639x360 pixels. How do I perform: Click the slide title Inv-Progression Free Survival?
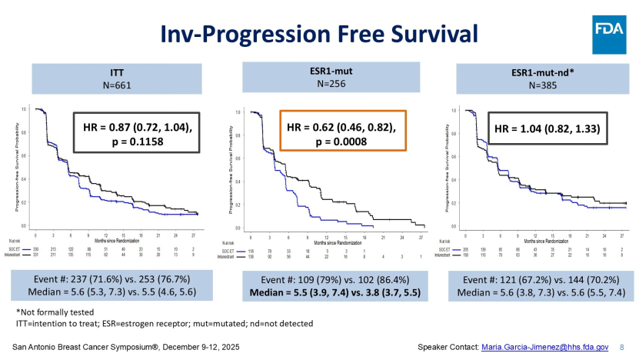pyautogui.click(x=318, y=32)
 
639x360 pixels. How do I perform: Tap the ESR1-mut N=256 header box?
pyautogui.click(x=320, y=78)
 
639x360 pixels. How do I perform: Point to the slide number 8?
pyautogui.click(x=621, y=348)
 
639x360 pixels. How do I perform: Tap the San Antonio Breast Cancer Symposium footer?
pyautogui.click(x=127, y=348)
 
